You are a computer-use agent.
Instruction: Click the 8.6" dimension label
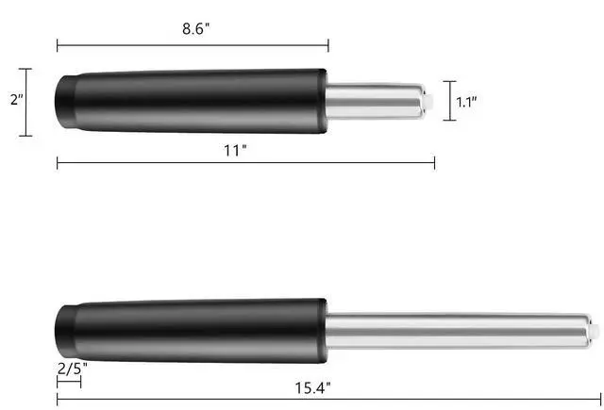click(196, 29)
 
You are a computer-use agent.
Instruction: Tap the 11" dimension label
click(235, 150)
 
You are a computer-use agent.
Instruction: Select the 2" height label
click(16, 99)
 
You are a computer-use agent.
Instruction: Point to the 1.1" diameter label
click(466, 102)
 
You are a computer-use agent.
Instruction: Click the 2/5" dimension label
click(72, 369)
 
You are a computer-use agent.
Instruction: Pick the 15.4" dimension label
click(312, 387)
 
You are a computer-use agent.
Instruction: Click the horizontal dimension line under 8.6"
click(193, 45)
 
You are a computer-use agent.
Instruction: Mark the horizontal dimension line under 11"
click(245, 163)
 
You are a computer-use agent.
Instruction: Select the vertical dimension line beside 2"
click(25, 103)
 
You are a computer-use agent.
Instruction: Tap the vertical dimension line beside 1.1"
click(449, 101)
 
